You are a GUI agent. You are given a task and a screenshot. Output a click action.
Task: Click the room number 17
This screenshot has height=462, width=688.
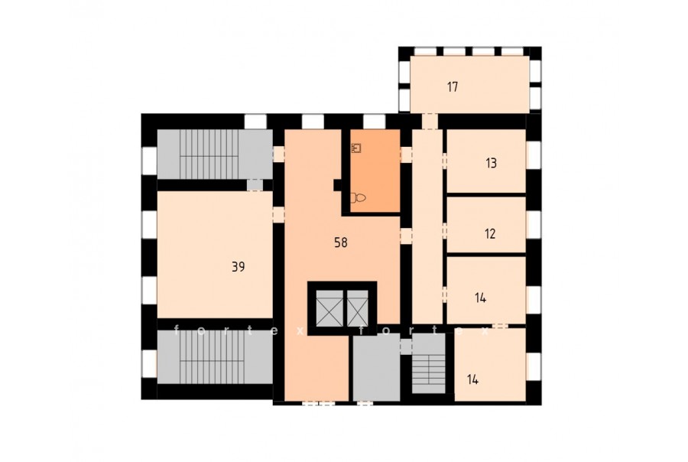coord(453,87)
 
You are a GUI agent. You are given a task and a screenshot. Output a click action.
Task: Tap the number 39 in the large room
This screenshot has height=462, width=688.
coord(239,267)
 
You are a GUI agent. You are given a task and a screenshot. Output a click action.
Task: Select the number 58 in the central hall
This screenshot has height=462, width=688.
coord(341,242)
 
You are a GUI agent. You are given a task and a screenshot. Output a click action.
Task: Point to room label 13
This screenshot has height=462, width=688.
coord(491,164)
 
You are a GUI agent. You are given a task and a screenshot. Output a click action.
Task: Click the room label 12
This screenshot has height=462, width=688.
coord(490,233)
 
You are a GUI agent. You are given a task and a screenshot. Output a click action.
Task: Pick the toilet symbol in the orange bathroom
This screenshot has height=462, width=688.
coord(358,198)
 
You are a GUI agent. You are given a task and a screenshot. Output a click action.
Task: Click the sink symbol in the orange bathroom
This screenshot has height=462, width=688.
coord(355,148)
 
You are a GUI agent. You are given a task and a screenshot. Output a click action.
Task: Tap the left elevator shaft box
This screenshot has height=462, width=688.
coord(329,308)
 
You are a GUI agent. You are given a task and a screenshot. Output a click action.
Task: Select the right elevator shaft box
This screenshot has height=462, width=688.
coord(358,308)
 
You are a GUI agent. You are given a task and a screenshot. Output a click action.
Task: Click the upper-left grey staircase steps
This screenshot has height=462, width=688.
coord(209,155)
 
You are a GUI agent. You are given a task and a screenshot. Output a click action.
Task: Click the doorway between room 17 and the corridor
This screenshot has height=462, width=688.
coord(430,122)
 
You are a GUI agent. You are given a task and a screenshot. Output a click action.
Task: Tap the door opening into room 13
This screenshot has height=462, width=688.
coord(444,161)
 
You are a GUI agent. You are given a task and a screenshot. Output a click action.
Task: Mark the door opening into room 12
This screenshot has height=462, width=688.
coord(444,230)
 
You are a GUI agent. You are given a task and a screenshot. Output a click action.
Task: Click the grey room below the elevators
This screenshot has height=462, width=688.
coord(376,367)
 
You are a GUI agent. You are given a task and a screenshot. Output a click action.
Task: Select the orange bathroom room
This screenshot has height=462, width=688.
coord(375,171)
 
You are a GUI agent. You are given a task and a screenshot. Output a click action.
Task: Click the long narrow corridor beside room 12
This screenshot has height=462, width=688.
coord(427,226)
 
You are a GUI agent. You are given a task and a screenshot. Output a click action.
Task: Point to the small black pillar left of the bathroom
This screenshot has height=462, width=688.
coord(337,185)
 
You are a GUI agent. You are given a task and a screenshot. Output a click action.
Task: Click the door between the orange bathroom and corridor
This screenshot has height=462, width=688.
coord(407,155)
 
